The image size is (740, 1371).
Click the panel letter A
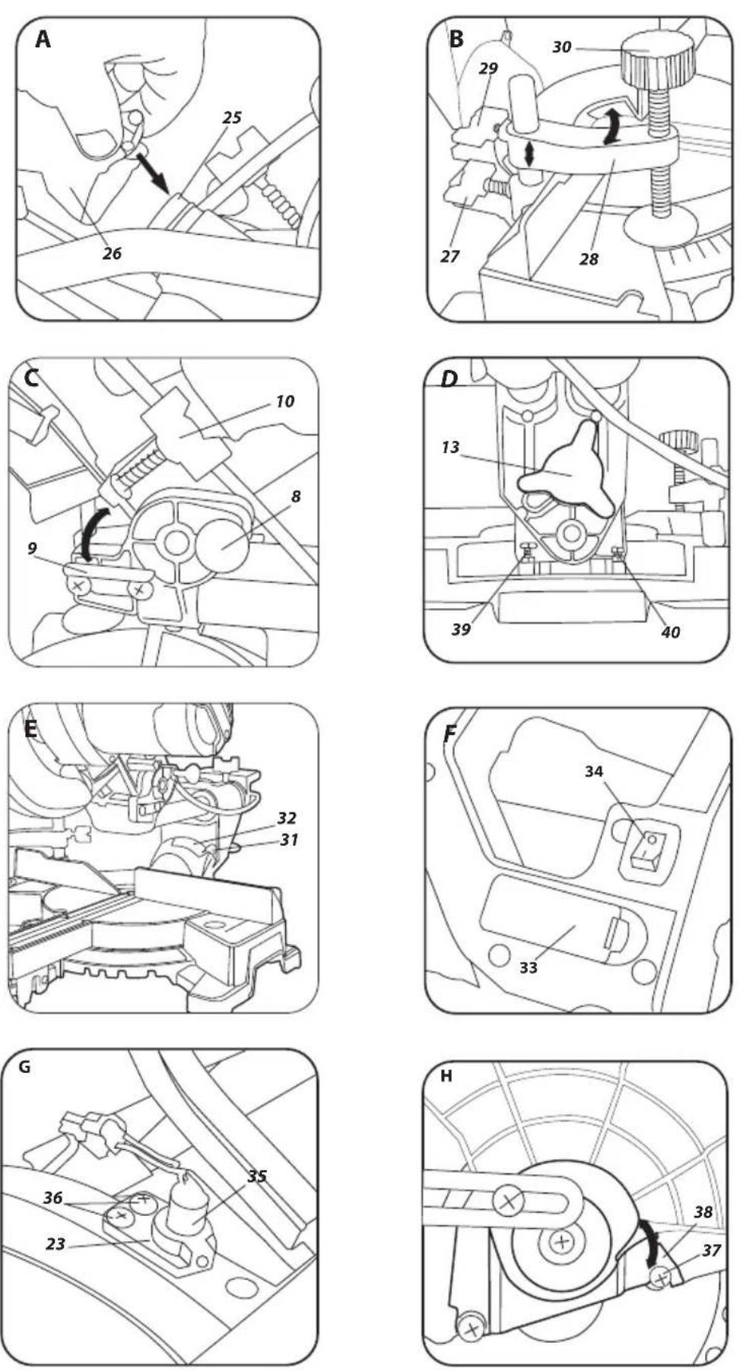(43, 40)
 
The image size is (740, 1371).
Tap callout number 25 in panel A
(232, 117)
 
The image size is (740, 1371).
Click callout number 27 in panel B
(450, 257)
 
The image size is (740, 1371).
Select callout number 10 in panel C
(284, 401)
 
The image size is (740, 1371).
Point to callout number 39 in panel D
(461, 629)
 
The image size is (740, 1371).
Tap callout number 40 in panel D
(670, 631)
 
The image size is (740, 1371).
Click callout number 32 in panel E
(287, 818)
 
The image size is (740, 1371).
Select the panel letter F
(450, 734)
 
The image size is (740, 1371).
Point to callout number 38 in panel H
(703, 1212)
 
